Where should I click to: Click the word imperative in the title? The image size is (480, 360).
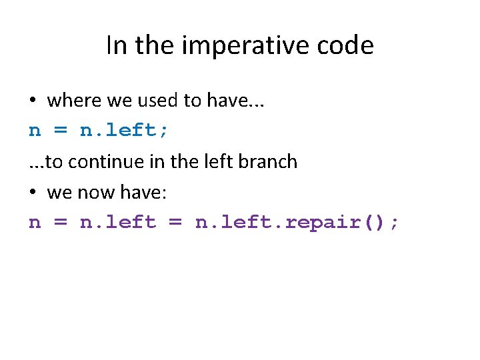click(x=243, y=46)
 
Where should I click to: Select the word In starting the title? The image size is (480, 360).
click(x=115, y=46)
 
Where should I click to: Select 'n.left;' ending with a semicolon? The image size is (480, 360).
click(x=125, y=131)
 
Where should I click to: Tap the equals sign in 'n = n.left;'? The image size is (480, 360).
click(x=60, y=131)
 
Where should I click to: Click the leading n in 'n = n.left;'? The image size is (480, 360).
click(x=35, y=131)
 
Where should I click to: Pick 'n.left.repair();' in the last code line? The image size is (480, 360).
click(x=297, y=222)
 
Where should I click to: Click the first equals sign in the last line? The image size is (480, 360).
click(x=60, y=223)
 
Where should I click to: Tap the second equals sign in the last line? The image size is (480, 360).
click(x=175, y=223)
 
